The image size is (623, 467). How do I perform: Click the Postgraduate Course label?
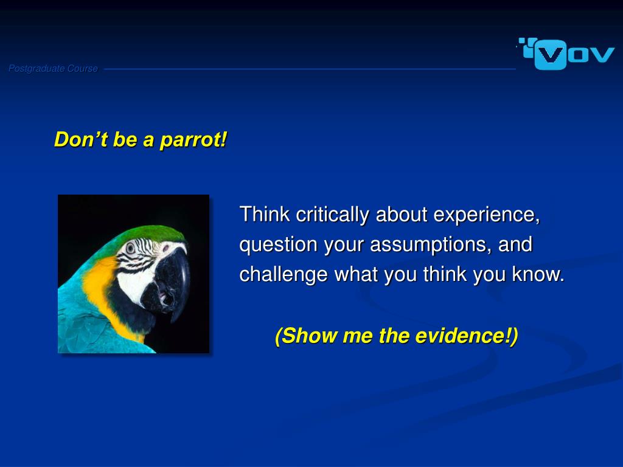click(x=54, y=69)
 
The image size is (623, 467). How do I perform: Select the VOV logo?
click(x=566, y=54)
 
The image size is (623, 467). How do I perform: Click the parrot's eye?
click(x=130, y=248)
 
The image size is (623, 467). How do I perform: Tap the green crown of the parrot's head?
click(x=151, y=233)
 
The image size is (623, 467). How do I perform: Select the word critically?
click(x=332, y=215)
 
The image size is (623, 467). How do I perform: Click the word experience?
click(x=486, y=215)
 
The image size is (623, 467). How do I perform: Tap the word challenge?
click(x=284, y=275)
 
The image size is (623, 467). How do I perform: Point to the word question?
click(x=278, y=244)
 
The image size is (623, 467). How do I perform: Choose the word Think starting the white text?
click(x=265, y=214)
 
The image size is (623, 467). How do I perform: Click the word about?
click(x=402, y=215)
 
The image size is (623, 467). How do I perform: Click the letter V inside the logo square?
click(x=550, y=55)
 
